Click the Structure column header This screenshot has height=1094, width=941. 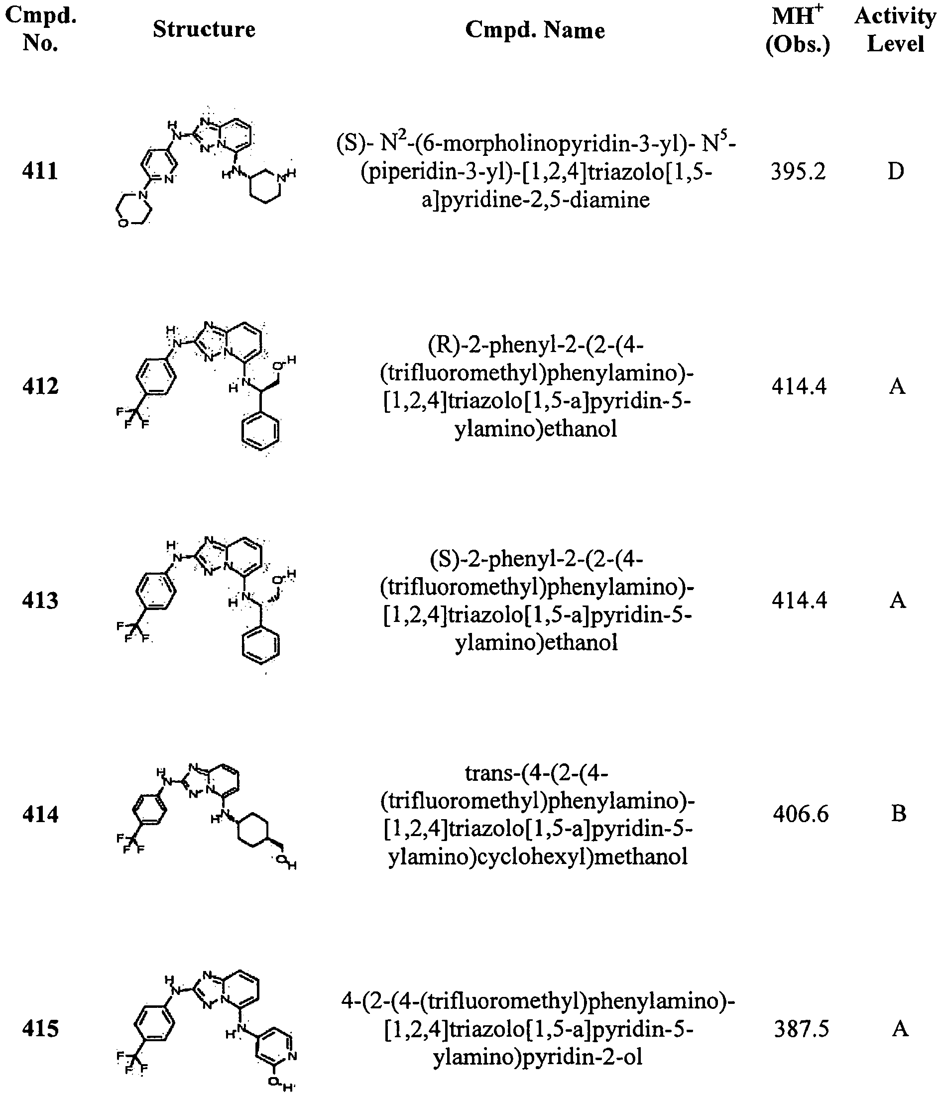pos(204,29)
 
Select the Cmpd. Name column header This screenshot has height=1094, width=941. pos(535,30)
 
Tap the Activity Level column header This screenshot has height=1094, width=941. pos(895,29)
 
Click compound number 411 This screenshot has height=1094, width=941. pos(40,171)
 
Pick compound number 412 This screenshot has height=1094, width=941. pos(40,386)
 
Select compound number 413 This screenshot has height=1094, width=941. pos(40,601)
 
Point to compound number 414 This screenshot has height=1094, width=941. pos(40,814)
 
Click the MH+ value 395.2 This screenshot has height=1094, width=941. pos(798,172)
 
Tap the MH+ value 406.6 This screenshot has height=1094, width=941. pos(801,814)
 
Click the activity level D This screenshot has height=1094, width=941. pos(896,172)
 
